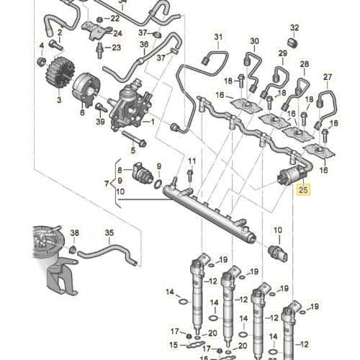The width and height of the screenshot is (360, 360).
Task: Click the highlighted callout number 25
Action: [x=303, y=191]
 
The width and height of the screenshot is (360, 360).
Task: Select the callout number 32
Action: [x=294, y=28]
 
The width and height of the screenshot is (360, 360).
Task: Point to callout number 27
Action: [x=328, y=77]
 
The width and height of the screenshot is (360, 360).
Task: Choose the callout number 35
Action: [x=109, y=233]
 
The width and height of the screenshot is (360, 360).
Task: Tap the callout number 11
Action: [x=192, y=160]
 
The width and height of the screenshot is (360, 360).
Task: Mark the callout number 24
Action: [x=118, y=32]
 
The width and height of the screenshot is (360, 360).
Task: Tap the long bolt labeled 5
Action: [x=133, y=136]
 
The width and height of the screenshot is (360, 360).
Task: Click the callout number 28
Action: [x=304, y=64]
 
